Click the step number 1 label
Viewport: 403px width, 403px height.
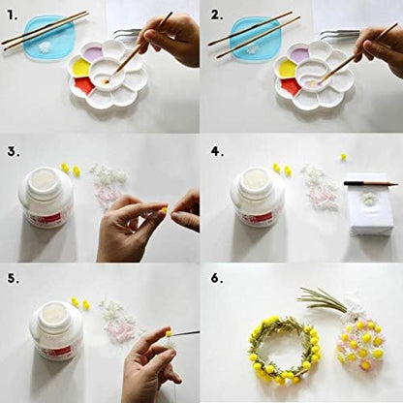pyautogui.click(x=13, y=15)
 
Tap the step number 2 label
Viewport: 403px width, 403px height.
pyautogui.click(x=217, y=15)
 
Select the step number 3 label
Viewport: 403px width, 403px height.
pyautogui.click(x=14, y=152)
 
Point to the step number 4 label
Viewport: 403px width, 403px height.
pyautogui.click(x=217, y=152)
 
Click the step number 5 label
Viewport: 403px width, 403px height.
pyautogui.click(x=14, y=279)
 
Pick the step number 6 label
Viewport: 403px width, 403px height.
pyautogui.click(x=217, y=279)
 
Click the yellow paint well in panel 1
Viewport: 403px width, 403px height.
pyautogui.click(x=80, y=68)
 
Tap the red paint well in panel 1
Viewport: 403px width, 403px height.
pyautogui.click(x=84, y=85)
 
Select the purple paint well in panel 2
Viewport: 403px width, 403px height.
pyautogui.click(x=300, y=52)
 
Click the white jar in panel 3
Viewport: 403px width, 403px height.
pyautogui.click(x=46, y=197)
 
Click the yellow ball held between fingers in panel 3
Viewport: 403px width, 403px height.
pyautogui.click(x=165, y=210)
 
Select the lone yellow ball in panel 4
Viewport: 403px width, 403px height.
pyautogui.click(x=344, y=157)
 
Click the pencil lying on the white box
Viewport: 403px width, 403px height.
pyautogui.click(x=371, y=183)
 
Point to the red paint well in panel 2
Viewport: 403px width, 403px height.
pyautogui.click(x=290, y=87)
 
